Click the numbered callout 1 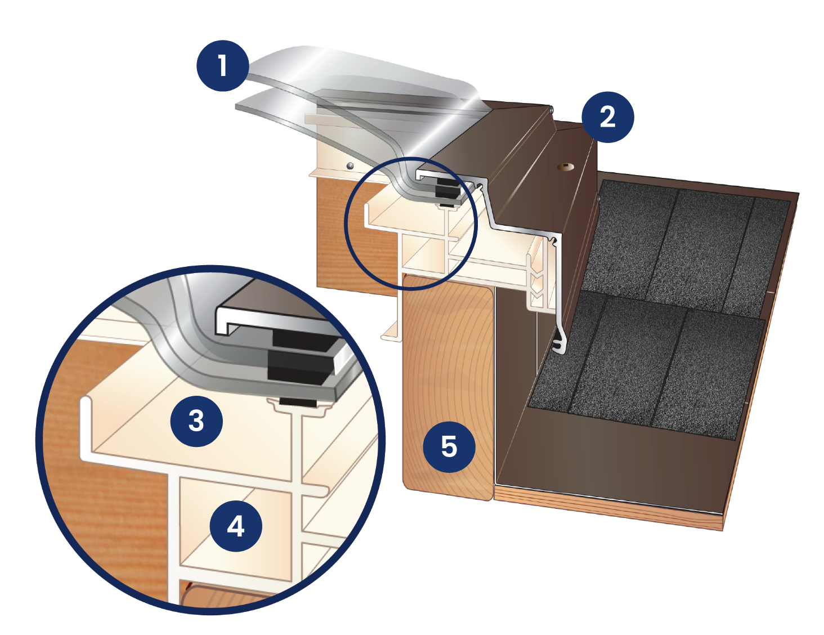[x=222, y=66]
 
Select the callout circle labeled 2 [x=607, y=117]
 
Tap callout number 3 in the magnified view [x=196, y=421]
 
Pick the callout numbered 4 [x=236, y=526]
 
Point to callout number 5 [x=449, y=446]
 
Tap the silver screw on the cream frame [x=350, y=166]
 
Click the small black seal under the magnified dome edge [x=298, y=403]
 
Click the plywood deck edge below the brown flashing [x=607, y=507]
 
